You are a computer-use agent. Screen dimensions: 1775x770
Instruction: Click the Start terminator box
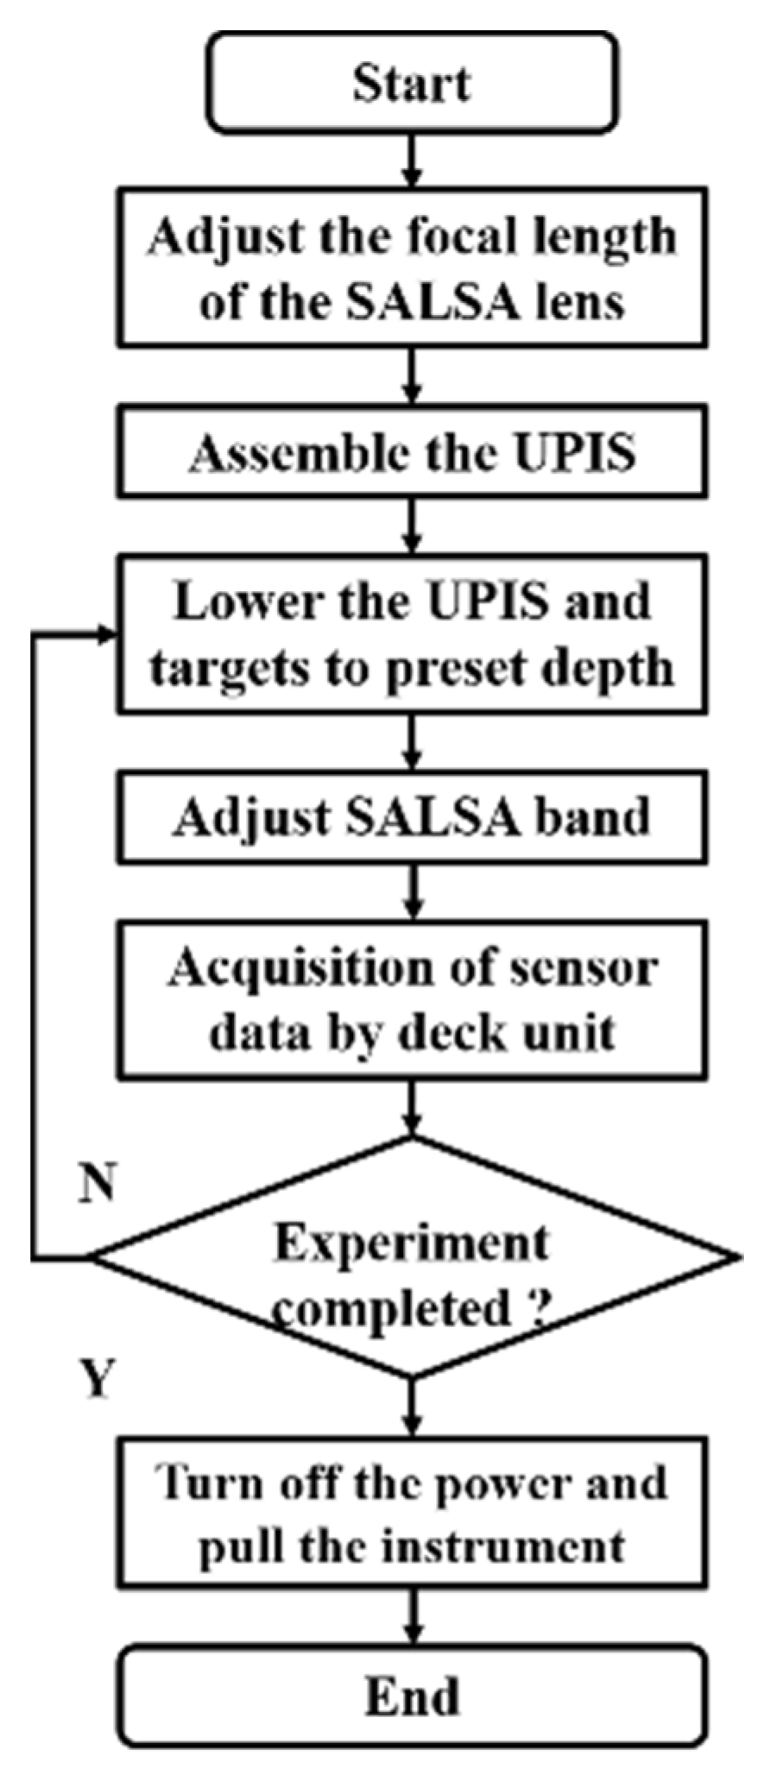point(412,84)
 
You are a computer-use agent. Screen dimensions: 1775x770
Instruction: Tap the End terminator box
point(412,1696)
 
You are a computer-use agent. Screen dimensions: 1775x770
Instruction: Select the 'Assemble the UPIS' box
point(412,453)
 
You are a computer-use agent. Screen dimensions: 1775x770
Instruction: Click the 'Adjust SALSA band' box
point(412,817)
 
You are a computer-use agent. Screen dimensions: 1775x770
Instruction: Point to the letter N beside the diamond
point(96,1183)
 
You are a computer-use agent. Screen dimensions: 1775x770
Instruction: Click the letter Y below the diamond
point(97,1378)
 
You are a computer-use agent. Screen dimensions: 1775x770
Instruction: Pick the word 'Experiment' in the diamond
point(412,1243)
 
